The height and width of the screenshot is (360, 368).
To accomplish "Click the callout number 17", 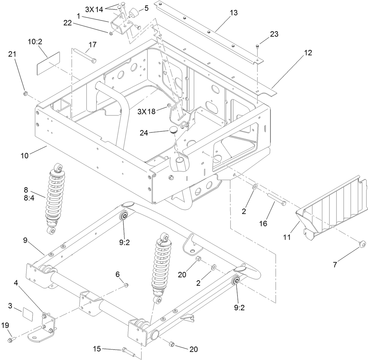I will coord(93,45).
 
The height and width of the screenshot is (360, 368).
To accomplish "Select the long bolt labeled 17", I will coord(84,56).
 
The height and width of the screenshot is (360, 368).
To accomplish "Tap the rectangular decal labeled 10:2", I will coord(48,63).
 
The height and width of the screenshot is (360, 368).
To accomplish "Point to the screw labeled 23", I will coord(257,46).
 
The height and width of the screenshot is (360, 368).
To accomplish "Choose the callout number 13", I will coord(233,13).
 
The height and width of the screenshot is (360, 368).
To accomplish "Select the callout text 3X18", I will coord(146,111).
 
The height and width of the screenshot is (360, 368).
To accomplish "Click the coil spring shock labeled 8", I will coord(56,199).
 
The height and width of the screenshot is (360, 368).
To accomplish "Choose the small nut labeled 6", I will coord(126,285).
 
